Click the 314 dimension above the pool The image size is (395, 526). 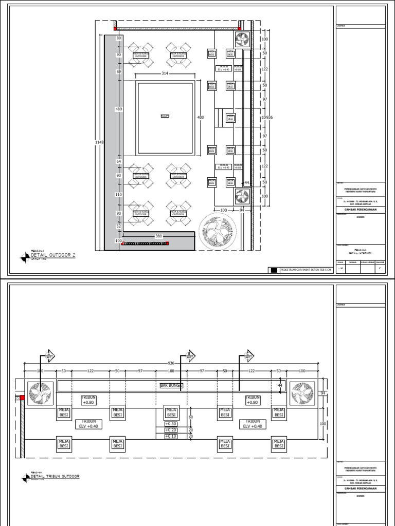165,74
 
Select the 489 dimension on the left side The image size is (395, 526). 118,109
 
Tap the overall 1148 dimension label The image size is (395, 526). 99,142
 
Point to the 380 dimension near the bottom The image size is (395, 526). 159,236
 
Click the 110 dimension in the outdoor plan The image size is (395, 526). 118,195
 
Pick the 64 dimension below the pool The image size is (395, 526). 118,162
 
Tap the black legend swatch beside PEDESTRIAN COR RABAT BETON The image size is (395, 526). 274,270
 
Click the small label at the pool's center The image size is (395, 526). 165,116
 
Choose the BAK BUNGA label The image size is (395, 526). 172,385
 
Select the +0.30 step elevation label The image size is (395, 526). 170,424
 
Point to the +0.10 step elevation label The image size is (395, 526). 170,436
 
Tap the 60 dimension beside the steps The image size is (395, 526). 190,417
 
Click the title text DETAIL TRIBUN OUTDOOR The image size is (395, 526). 56,477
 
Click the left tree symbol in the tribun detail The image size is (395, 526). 40,393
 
